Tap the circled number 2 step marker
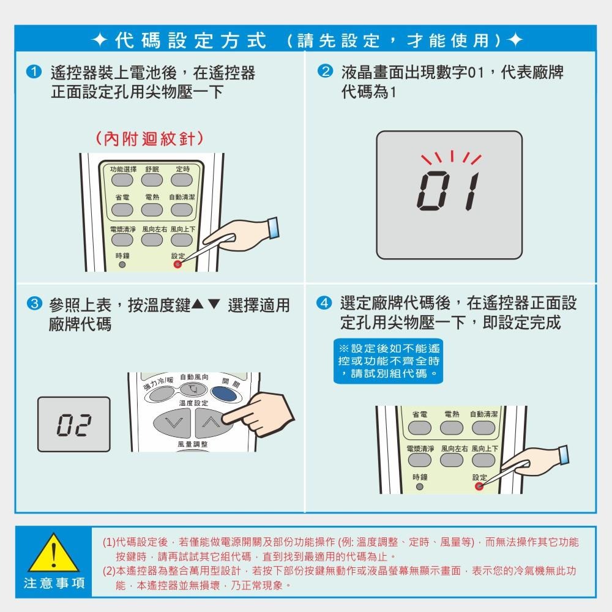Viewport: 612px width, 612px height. (x=325, y=73)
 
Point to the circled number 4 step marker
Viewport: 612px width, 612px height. (x=325, y=304)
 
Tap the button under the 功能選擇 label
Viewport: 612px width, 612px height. (x=122, y=180)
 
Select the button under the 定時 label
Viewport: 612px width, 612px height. (x=181, y=180)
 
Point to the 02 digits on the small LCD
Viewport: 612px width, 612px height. (x=73, y=424)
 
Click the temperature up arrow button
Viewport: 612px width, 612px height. (x=210, y=422)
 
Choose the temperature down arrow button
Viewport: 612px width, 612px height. (x=171, y=422)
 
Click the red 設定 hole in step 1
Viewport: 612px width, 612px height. (x=177, y=265)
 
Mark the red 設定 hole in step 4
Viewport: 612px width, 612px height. (x=479, y=487)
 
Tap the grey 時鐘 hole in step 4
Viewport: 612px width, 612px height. (x=420, y=487)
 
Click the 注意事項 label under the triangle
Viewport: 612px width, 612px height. (x=54, y=583)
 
